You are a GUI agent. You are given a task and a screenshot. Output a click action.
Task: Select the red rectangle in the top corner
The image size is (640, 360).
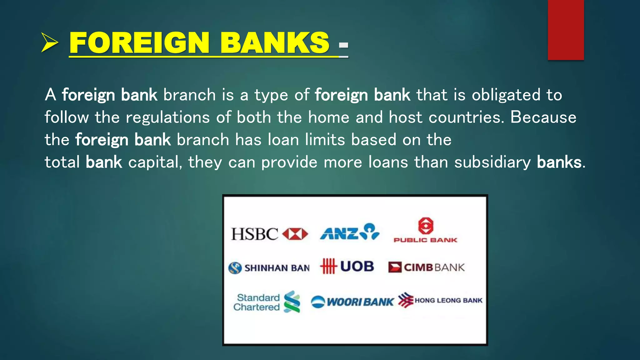[x=566, y=30]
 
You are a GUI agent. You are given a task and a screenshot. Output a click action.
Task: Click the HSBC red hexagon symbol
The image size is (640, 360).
[x=295, y=234]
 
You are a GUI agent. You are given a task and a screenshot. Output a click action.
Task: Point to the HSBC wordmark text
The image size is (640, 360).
[x=254, y=234]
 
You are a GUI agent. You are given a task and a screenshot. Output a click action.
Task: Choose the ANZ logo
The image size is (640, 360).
[x=349, y=232]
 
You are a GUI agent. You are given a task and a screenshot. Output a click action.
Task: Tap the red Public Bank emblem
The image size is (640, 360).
[x=426, y=226]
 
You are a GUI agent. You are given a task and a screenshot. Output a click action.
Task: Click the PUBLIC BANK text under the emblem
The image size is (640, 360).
[x=425, y=240]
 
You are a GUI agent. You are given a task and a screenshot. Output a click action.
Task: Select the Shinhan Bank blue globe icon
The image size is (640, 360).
[x=235, y=268]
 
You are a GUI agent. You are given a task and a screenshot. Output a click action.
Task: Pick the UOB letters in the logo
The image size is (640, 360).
[x=357, y=266]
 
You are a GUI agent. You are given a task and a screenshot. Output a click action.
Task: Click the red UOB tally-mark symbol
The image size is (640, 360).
[x=328, y=266]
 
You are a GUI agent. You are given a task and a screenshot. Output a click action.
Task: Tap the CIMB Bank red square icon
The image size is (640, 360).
[x=395, y=267]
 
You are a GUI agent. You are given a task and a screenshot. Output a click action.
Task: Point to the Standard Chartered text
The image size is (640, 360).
[x=257, y=302]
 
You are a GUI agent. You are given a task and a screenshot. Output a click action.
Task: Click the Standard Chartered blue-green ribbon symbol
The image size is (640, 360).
[x=292, y=302]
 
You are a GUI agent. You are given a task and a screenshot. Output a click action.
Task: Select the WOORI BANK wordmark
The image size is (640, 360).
[x=360, y=302]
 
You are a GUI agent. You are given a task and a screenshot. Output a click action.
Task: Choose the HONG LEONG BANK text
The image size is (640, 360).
[x=448, y=300]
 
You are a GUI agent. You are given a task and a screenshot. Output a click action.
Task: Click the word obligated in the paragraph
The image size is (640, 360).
[x=506, y=95]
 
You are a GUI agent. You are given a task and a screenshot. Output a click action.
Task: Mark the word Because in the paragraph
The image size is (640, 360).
[x=543, y=117]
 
